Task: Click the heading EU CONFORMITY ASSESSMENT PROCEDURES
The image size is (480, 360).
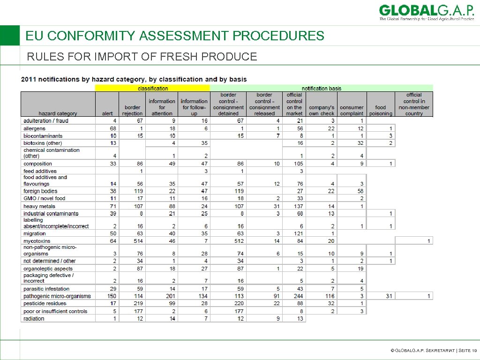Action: (x=175, y=36)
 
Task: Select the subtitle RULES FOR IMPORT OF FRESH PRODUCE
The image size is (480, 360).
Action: (x=142, y=57)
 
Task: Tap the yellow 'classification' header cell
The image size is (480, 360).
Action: (x=152, y=88)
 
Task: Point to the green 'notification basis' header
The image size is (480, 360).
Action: (x=321, y=88)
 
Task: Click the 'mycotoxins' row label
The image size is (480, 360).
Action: (x=37, y=241)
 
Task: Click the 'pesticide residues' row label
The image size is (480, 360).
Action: (x=45, y=304)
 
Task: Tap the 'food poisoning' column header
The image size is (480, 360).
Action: (x=381, y=110)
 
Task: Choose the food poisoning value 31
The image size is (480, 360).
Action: (x=388, y=296)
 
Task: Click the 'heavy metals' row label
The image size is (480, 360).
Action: (x=39, y=206)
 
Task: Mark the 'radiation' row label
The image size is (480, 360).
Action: (x=34, y=319)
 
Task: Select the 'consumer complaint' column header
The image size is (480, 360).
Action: (x=352, y=110)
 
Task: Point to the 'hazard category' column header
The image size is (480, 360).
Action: (x=58, y=113)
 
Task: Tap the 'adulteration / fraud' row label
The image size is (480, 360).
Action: (x=46, y=121)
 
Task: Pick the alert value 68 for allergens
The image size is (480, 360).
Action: (x=112, y=128)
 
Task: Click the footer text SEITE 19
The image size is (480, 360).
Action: (x=468, y=350)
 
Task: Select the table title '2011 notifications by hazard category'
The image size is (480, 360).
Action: (x=134, y=79)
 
